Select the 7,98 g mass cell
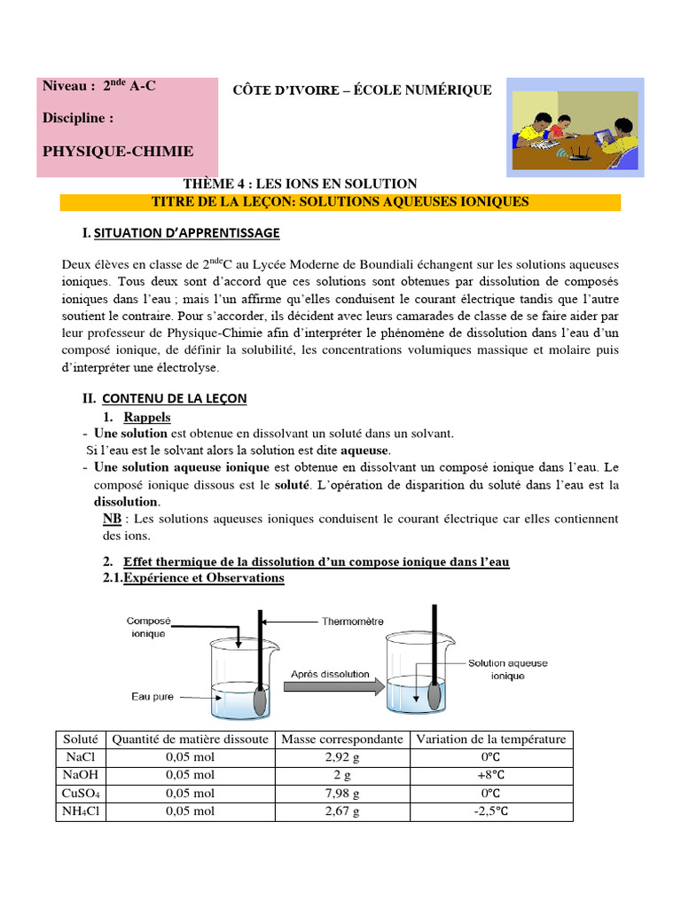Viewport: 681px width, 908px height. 341,794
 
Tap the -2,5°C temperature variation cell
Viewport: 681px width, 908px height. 490,811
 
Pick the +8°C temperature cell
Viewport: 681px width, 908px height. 490,775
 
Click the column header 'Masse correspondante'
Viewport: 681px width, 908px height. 341,739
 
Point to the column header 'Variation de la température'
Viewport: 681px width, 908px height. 490,739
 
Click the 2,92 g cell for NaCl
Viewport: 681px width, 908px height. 341,757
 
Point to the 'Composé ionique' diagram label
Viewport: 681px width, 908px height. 147,628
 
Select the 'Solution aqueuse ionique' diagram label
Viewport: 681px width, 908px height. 508,669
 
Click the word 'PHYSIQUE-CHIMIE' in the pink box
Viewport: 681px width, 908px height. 118,152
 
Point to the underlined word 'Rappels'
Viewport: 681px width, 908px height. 147,417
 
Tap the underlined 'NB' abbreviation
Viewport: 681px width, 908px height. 112,519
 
